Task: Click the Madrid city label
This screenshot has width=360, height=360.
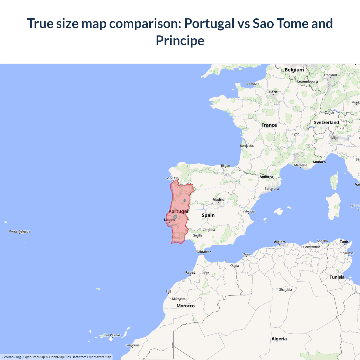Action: coord(219,200)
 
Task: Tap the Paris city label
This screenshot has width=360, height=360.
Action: coord(273,92)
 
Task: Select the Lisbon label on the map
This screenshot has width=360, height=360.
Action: coord(169,220)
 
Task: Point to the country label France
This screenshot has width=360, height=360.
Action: coord(269,125)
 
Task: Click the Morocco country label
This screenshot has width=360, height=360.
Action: coord(186,306)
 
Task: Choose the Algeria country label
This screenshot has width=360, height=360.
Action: coord(279,339)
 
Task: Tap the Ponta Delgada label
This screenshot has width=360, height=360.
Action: coord(20,231)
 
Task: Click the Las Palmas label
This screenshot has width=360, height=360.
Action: coord(112,335)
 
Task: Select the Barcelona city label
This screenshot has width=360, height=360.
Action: coord(272,189)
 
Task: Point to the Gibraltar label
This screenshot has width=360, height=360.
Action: coord(204,252)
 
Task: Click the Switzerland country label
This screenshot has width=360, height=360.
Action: coord(327,123)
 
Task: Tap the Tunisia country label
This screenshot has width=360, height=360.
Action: coord(337,277)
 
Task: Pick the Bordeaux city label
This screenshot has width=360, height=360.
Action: coord(247,146)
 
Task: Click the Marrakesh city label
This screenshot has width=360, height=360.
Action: coord(180,299)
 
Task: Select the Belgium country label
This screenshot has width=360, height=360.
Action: coord(294,70)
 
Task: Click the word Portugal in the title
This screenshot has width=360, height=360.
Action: coord(209,23)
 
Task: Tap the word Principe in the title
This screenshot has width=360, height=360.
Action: coord(180,40)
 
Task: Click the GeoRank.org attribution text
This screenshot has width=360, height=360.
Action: coord(11,357)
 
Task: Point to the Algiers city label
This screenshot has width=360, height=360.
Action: coord(280,242)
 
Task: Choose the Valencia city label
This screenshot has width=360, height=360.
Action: coord(249,211)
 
